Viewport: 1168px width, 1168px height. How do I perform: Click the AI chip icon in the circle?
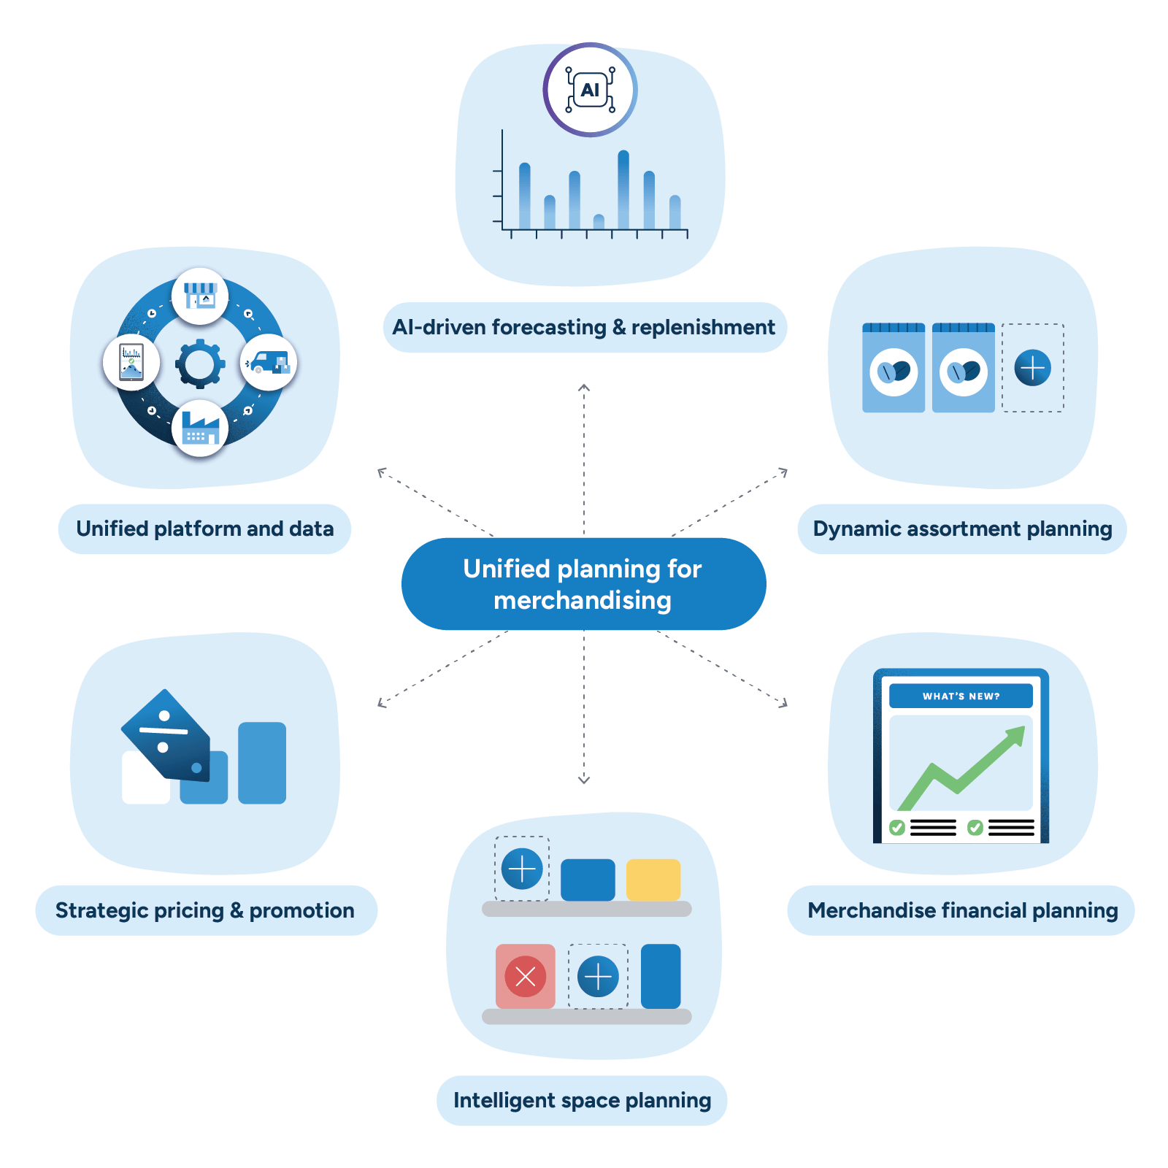point(590,90)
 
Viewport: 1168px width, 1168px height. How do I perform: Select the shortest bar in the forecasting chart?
point(599,222)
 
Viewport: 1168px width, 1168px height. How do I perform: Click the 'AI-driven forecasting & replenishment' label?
point(584,327)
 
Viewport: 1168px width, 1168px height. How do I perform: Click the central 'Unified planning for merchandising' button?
point(583,584)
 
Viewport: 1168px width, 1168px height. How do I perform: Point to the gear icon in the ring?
point(199,363)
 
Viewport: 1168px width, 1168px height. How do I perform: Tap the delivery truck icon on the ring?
point(268,362)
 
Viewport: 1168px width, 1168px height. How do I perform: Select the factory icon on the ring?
point(200,429)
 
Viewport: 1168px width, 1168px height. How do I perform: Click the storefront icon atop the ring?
point(200,296)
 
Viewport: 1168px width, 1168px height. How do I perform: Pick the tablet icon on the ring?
point(131,362)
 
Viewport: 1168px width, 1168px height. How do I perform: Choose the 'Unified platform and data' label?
point(204,529)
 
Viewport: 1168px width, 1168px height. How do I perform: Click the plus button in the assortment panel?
point(1032,367)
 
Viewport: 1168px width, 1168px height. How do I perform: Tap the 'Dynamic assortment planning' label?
point(962,529)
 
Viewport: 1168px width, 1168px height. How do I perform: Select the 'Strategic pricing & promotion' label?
point(205,910)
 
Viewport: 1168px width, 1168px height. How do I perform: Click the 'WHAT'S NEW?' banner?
point(961,696)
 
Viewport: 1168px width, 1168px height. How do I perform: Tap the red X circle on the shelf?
point(525,976)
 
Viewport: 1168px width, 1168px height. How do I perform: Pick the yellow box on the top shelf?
point(653,880)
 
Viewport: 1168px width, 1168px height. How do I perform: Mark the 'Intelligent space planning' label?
point(582,1100)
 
